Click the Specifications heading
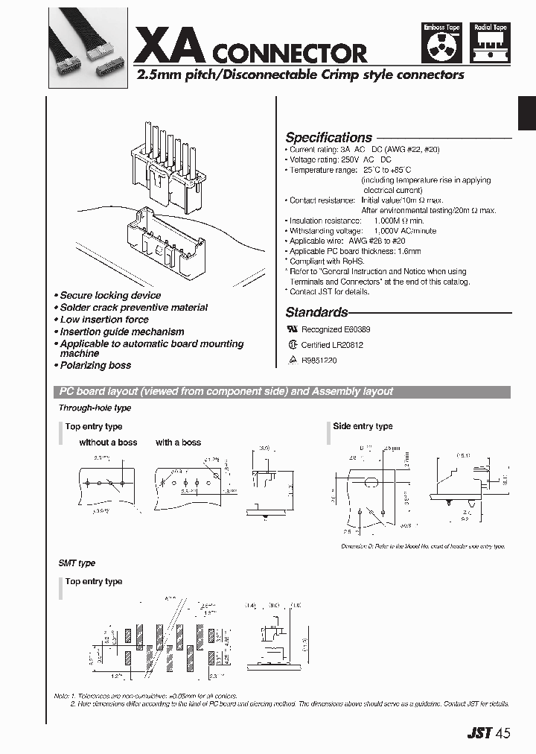[x=328, y=138]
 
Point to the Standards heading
[x=316, y=313]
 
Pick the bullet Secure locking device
[x=109, y=296]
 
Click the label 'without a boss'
[x=108, y=443]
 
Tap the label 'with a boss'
[x=178, y=443]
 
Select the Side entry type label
[x=363, y=426]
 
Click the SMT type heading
[x=77, y=563]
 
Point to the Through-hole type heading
[x=95, y=408]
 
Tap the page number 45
[x=503, y=732]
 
